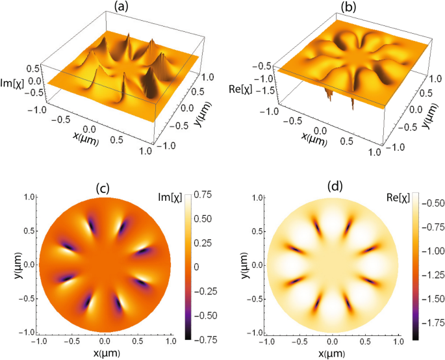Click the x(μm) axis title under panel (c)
(105, 354)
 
